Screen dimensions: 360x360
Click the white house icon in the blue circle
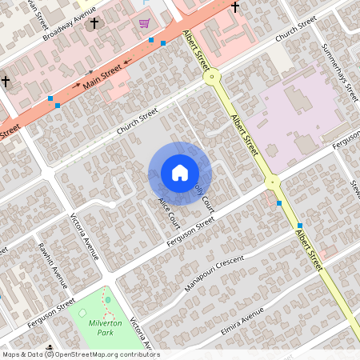point(180,173)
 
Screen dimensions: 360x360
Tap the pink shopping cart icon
point(145,23)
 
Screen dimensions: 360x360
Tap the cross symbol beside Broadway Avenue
point(94,24)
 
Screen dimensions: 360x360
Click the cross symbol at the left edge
point(5,81)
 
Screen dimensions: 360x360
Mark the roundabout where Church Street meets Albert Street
point(212,78)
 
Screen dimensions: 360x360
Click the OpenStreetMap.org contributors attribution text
point(102,354)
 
